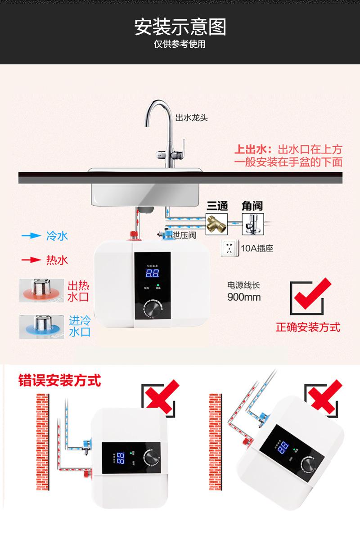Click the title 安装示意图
(180, 27)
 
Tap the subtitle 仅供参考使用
(180, 45)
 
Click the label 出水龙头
(192, 118)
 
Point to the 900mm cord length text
(243, 297)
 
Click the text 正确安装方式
(308, 327)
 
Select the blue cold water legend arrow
(31, 235)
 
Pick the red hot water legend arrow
(31, 260)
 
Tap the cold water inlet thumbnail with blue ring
(41, 326)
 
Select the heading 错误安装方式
(59, 380)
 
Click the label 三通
(217, 206)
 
